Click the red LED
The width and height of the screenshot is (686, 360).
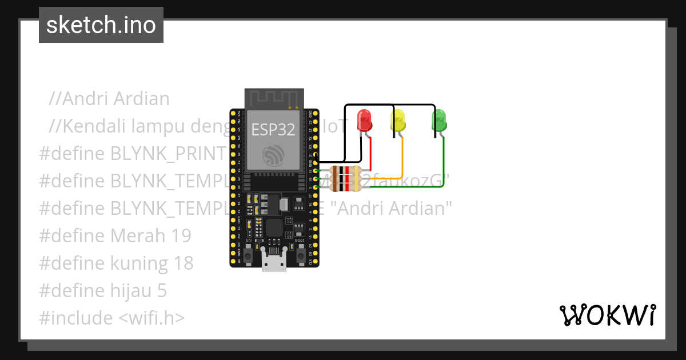click(364, 121)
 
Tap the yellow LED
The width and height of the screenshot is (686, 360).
click(398, 121)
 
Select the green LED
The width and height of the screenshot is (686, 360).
click(439, 121)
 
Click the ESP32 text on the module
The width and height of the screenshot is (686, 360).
click(273, 130)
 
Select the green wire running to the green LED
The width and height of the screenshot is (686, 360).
click(444, 166)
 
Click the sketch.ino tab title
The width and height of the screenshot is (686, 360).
click(101, 25)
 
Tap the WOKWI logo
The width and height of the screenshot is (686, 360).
click(607, 315)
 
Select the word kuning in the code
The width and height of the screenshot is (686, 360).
click(137, 263)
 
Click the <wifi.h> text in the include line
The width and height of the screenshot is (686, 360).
click(151, 318)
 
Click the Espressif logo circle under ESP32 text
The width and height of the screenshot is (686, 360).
click(273, 155)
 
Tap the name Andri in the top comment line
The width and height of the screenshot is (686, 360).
click(85, 98)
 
